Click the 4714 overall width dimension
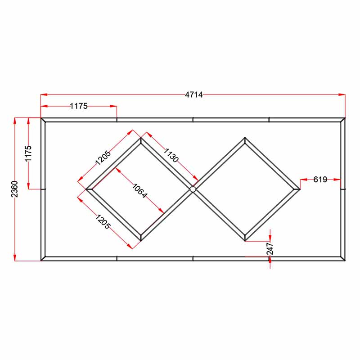click(x=194, y=94)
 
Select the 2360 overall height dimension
click(x=14, y=189)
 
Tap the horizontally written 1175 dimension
click(x=78, y=106)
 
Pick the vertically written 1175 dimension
click(x=28, y=153)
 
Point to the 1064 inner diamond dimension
click(x=139, y=191)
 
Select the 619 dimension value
click(x=320, y=180)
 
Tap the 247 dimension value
click(x=270, y=249)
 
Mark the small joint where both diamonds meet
click(x=193, y=189)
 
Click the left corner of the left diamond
click(x=88, y=189)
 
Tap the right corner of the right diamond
click(x=298, y=189)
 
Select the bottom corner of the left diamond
click(x=140, y=240)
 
